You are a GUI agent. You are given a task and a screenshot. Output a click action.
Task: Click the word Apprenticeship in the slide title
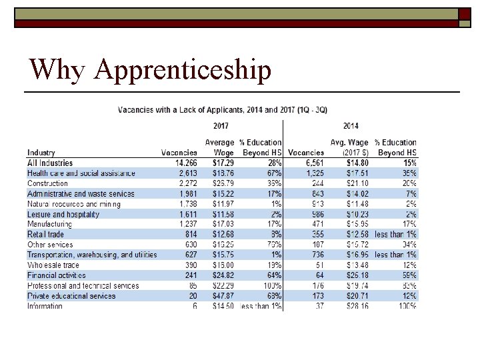(x=183, y=69)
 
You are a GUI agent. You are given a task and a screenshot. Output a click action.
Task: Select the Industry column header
(x=41, y=153)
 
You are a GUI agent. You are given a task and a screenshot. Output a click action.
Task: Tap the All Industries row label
(x=50, y=163)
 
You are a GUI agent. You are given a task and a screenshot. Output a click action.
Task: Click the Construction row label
(x=47, y=183)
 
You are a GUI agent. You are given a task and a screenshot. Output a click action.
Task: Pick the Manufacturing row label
(x=49, y=225)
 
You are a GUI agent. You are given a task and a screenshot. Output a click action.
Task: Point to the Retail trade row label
(x=45, y=235)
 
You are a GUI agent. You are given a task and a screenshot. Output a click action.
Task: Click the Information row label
(x=45, y=307)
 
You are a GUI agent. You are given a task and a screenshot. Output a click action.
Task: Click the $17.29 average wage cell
(x=223, y=163)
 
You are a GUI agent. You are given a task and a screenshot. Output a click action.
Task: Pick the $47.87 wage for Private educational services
(x=223, y=296)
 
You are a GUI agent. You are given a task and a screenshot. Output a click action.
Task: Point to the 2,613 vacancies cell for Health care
(x=186, y=173)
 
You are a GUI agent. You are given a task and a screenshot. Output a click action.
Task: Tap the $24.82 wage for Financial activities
(x=223, y=275)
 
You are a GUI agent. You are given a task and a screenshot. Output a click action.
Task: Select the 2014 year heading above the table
(x=351, y=125)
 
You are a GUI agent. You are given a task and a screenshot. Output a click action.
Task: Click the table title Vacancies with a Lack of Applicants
(x=223, y=109)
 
